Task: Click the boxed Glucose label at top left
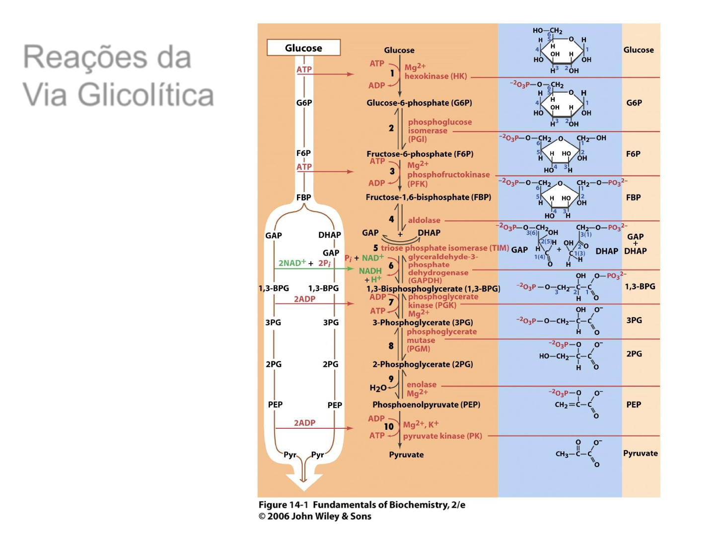pyautogui.click(x=303, y=48)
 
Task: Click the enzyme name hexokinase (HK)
pyautogui.click(x=435, y=76)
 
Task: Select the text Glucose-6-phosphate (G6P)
pyautogui.click(x=419, y=103)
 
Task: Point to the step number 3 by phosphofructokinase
pyautogui.click(x=392, y=171)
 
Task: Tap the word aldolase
pyautogui.click(x=424, y=220)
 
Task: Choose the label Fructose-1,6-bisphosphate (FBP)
pyautogui.click(x=428, y=197)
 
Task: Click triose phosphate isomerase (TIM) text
pyautogui.click(x=444, y=248)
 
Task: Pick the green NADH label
pyautogui.click(x=370, y=271)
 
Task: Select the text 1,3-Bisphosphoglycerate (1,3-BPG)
pyautogui.click(x=433, y=288)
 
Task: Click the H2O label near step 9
pyautogui.click(x=377, y=388)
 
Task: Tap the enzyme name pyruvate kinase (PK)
pyautogui.click(x=442, y=436)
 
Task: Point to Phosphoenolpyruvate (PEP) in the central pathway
pyautogui.click(x=426, y=404)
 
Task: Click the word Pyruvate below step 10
pyautogui.click(x=406, y=455)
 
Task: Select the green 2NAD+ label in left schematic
pyautogui.click(x=292, y=263)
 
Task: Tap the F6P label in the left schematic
pyautogui.click(x=303, y=153)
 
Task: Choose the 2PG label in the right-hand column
pyautogui.click(x=634, y=354)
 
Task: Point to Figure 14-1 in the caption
pyautogui.click(x=283, y=505)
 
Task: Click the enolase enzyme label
pyautogui.click(x=422, y=385)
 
